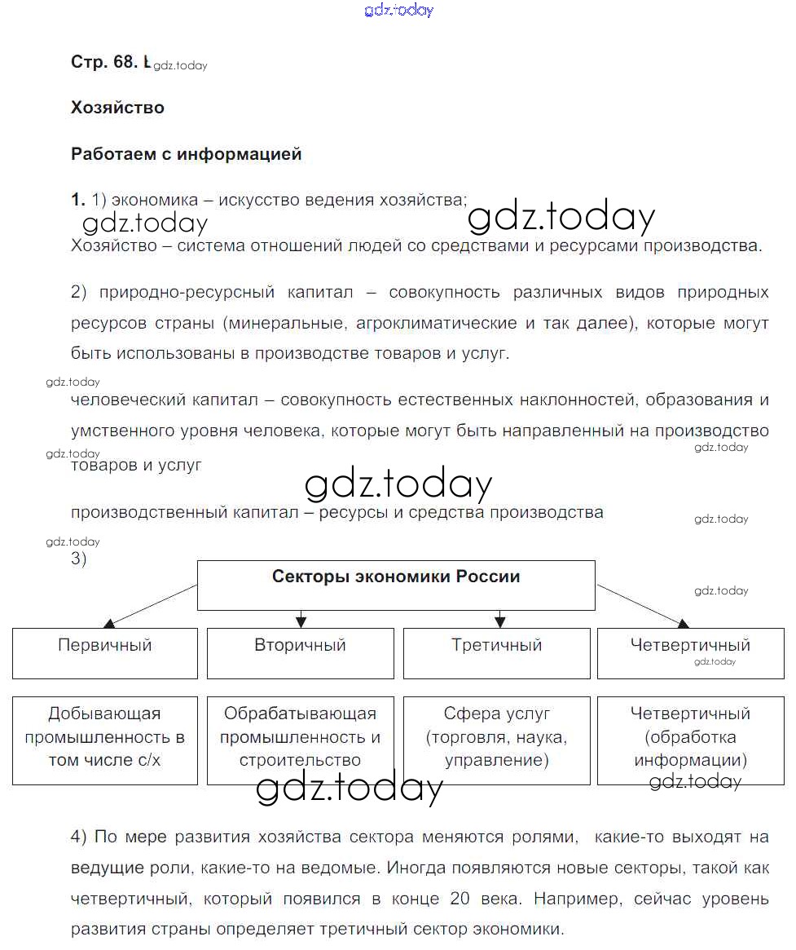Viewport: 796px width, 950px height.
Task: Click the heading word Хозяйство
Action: (117, 108)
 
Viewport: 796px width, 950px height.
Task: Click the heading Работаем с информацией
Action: (187, 154)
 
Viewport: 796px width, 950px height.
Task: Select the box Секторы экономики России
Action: (396, 585)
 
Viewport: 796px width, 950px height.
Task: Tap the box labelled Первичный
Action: (105, 652)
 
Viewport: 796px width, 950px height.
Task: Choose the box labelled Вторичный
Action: (301, 652)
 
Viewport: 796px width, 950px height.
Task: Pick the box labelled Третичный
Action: (497, 652)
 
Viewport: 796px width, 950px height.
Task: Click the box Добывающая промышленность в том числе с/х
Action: (105, 740)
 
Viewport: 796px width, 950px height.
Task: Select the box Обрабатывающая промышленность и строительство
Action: (301, 740)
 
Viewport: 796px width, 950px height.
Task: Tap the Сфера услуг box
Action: (497, 740)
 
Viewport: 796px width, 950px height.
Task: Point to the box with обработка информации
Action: (691, 740)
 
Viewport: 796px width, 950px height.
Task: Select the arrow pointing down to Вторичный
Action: (301, 618)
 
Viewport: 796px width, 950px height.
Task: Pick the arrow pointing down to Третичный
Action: (496, 618)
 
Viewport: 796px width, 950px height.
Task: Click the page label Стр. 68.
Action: (104, 63)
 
